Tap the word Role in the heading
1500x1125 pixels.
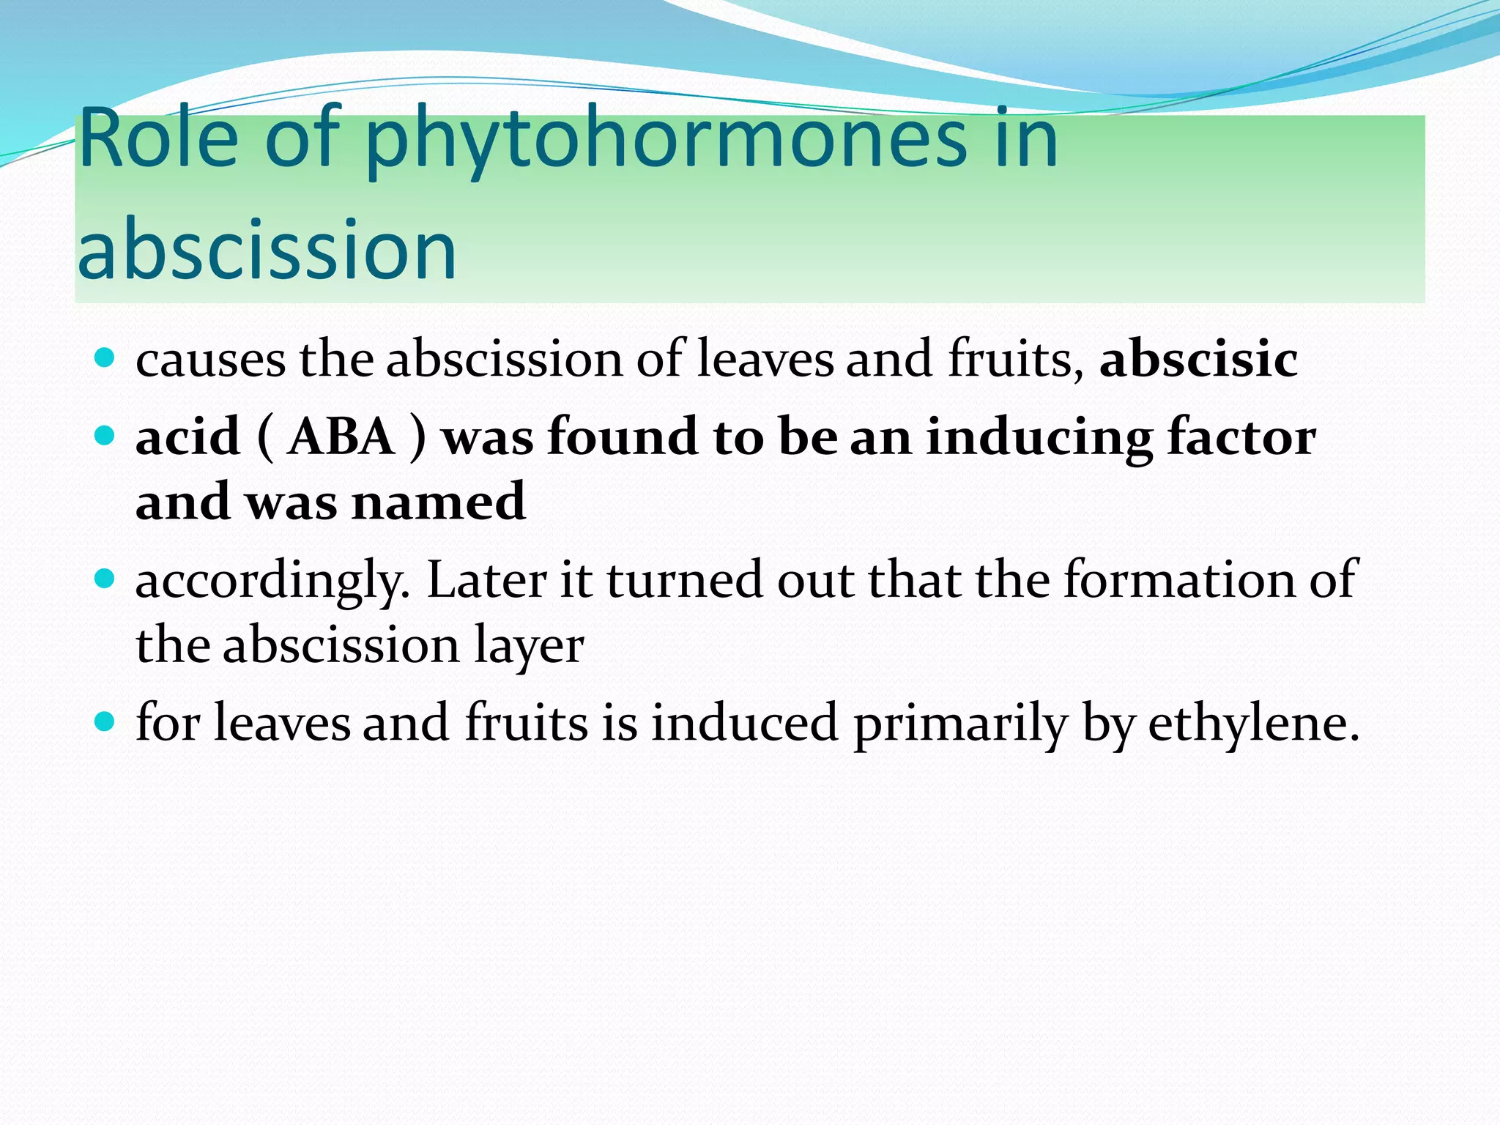[158, 139]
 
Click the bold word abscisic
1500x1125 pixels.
[1198, 359]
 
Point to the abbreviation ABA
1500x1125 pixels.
[341, 437]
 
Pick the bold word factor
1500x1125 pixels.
[1241, 437]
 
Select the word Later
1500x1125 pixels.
[486, 579]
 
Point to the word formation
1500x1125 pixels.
[1179, 579]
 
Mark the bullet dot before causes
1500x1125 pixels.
[105, 357]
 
